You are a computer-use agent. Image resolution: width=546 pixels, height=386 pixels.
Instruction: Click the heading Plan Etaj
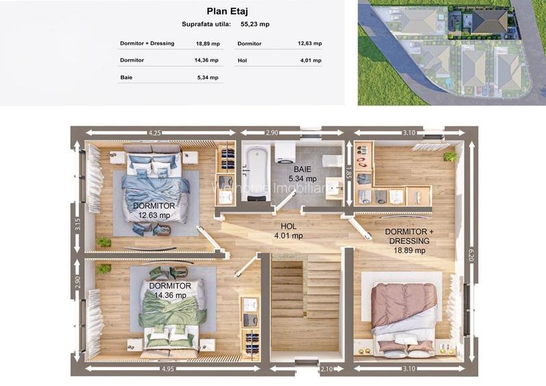click(x=227, y=11)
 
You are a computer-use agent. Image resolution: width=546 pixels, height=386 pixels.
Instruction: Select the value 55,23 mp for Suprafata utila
click(x=255, y=25)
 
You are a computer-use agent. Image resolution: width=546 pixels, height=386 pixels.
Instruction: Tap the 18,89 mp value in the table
click(x=208, y=44)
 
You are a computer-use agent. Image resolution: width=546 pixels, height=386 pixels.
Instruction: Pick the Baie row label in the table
click(x=127, y=77)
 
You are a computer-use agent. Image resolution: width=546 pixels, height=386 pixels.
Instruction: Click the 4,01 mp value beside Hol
click(x=311, y=60)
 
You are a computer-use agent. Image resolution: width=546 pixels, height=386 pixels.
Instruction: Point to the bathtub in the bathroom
click(x=257, y=173)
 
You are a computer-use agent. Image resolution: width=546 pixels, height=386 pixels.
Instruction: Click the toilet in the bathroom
click(x=332, y=161)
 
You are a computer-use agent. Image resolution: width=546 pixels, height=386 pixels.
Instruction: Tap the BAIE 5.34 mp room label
click(x=303, y=174)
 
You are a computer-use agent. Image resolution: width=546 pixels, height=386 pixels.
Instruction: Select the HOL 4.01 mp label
click(x=288, y=231)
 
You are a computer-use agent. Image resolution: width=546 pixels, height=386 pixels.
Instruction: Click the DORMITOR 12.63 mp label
click(x=154, y=210)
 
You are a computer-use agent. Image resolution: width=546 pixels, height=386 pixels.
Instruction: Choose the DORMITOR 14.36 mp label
click(x=170, y=291)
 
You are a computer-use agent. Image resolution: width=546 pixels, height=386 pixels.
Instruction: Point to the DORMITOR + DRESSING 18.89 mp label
click(x=410, y=241)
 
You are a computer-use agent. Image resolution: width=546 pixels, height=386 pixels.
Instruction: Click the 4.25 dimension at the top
click(x=155, y=133)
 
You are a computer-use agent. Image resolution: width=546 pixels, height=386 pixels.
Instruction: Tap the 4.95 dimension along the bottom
click(x=169, y=369)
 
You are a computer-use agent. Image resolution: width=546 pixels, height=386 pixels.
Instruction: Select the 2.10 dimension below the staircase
click(x=327, y=369)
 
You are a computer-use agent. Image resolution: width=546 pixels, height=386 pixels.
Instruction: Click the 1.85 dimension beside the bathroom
click(x=349, y=173)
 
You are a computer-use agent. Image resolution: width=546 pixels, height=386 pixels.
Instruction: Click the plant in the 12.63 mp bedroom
click(x=103, y=242)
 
